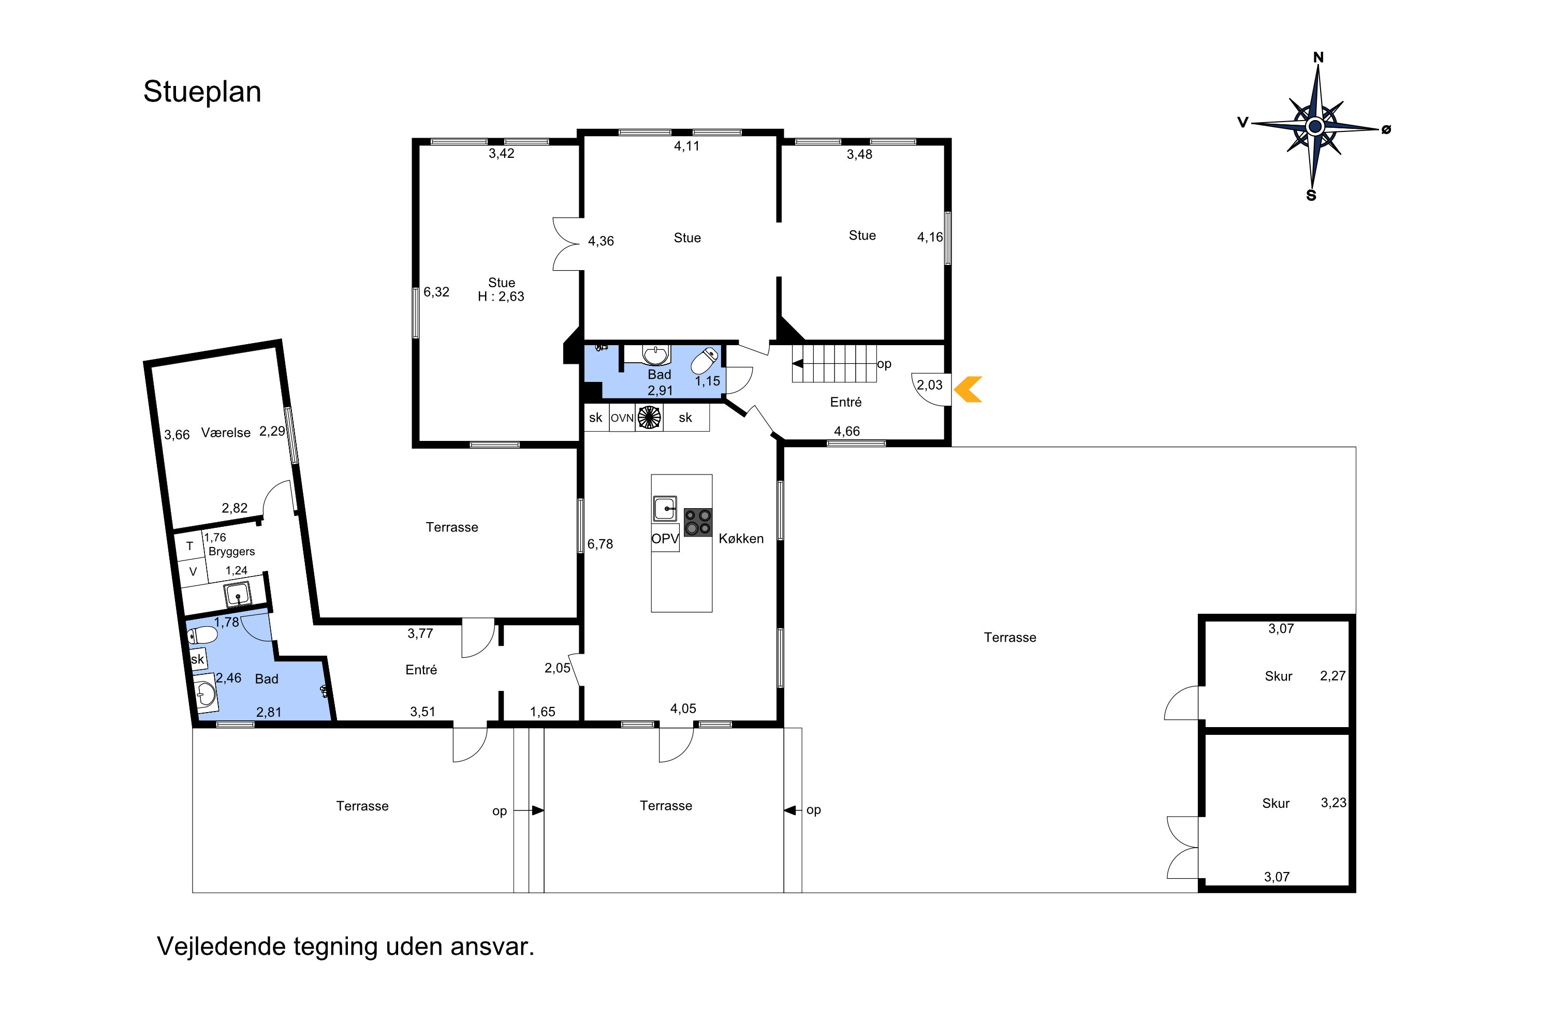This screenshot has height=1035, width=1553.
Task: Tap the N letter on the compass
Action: tap(1318, 57)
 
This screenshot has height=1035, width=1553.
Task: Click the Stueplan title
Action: tap(202, 92)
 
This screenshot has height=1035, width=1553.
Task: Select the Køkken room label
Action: tap(741, 539)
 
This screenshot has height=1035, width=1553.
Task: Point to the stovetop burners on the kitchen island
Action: tap(698, 522)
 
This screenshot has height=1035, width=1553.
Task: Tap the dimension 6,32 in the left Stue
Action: tap(436, 292)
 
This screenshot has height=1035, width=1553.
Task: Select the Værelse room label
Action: tap(226, 433)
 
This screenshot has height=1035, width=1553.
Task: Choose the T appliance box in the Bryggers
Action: tap(189, 546)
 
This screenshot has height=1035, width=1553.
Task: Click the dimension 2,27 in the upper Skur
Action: tap(1332, 676)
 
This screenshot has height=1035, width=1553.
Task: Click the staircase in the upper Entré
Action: tap(834, 363)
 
